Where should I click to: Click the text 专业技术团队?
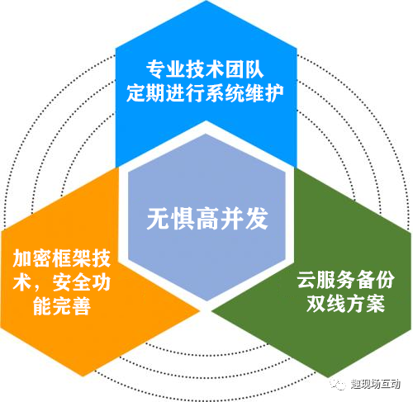[205, 69]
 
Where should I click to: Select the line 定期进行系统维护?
[205, 93]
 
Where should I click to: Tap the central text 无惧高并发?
[207, 219]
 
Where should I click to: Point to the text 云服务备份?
[346, 280]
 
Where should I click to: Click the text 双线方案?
[346, 304]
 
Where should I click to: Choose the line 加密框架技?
[62, 258]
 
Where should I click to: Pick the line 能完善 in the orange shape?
[62, 306]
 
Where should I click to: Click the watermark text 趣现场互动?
[376, 384]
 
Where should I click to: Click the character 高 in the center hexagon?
[207, 219]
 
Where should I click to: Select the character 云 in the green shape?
[306, 280]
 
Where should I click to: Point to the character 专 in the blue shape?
[155, 69]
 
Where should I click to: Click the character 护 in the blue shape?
[274, 93]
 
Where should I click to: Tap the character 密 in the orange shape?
[42, 258]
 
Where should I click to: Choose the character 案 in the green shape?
[375, 304]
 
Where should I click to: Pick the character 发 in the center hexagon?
[257, 219]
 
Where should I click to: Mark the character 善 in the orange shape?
[82, 306]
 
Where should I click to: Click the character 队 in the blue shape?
[254, 69]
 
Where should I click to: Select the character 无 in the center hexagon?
[159, 219]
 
